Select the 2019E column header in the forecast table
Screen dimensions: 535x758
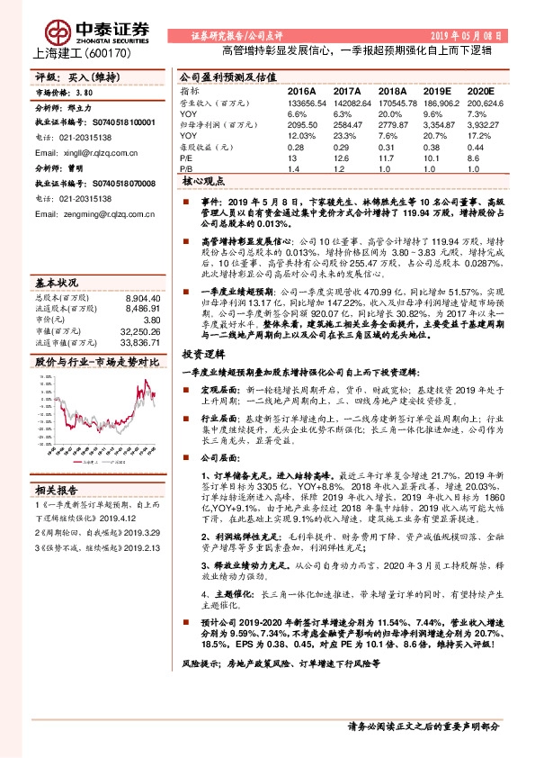[x=435, y=92]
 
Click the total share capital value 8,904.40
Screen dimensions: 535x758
[x=143, y=298]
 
